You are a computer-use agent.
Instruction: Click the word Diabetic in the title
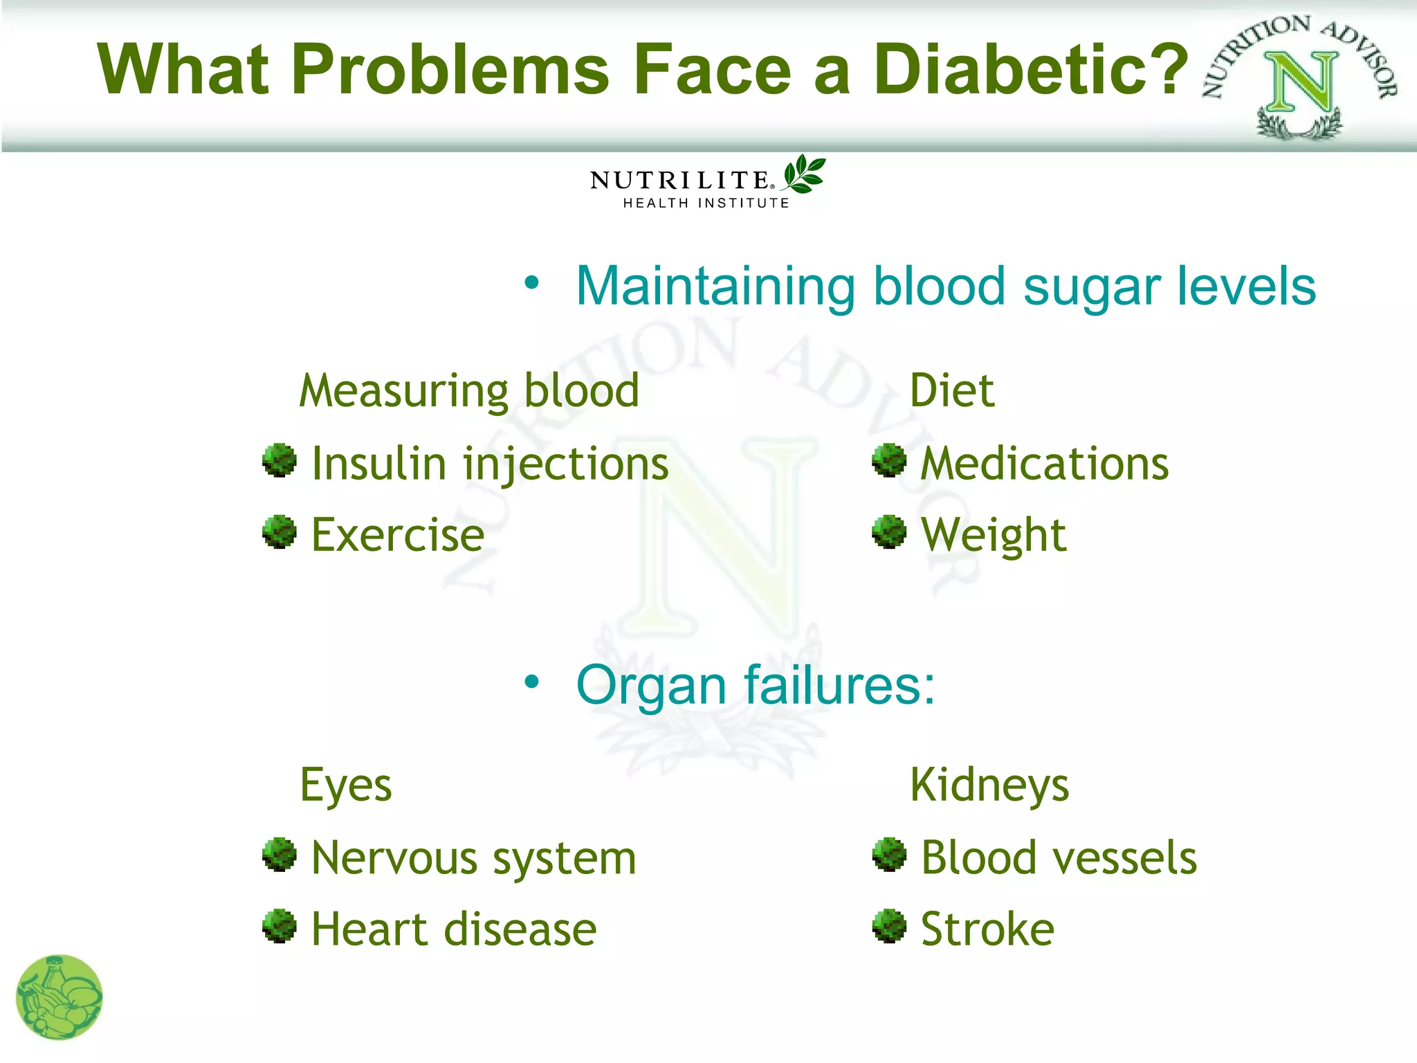point(1030,69)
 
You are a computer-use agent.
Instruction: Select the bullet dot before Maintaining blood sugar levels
point(531,283)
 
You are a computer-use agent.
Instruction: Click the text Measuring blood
point(469,392)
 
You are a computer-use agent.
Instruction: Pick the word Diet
point(952,391)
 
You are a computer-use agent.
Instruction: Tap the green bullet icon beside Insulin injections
point(280,461)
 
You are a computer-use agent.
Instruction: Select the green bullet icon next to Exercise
point(280,532)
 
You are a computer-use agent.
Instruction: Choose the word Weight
point(994,535)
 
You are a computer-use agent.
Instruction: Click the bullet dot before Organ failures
point(531,682)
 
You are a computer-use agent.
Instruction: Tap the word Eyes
point(346,786)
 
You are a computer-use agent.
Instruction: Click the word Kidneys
point(989,786)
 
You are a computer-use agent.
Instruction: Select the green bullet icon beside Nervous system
point(280,855)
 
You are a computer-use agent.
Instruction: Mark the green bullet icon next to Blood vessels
point(889,855)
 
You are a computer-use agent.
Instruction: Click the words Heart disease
point(454,929)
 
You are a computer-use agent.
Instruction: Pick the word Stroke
point(987,929)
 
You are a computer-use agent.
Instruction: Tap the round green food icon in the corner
point(60,997)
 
